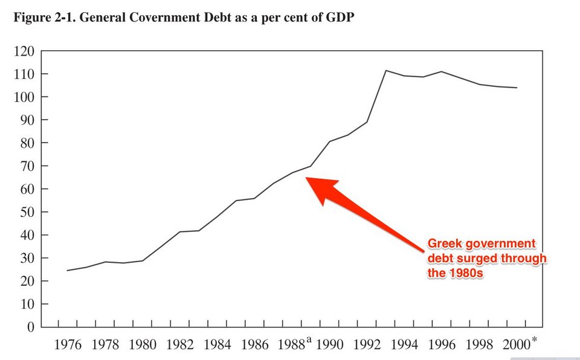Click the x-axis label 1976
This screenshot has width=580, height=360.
click(68, 345)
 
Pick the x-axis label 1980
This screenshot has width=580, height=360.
click(143, 345)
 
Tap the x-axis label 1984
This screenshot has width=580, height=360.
click(217, 345)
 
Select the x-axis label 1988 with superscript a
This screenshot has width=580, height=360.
click(294, 345)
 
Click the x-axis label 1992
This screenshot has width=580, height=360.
click(367, 345)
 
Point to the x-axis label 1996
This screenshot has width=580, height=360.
click(442, 345)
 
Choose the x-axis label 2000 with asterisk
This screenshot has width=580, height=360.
click(518, 344)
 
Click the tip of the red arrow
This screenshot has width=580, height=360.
click(306, 178)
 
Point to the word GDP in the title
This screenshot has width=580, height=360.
click(340, 18)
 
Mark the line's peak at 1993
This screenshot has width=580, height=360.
click(385, 71)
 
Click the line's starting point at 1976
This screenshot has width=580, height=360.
click(67, 271)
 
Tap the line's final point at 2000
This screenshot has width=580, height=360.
click(517, 88)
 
